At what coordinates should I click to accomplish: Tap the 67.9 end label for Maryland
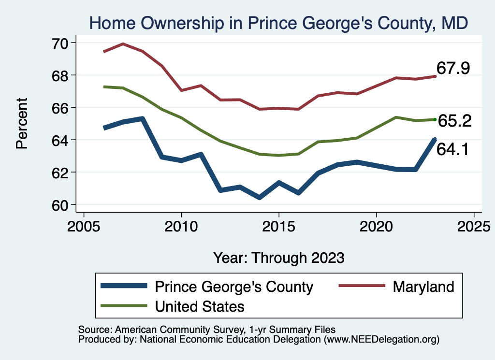coord(453,68)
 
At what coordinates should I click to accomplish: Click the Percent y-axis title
coord(22,123)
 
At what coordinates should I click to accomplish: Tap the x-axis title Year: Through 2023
coord(279,258)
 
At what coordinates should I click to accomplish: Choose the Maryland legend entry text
coord(423,287)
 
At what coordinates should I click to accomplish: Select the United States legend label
coord(200,306)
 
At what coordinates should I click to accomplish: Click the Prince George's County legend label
coord(234,287)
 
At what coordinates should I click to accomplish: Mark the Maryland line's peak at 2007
coord(123,44)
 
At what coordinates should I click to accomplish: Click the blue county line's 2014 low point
coord(260,198)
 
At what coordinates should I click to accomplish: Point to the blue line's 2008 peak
coord(143,118)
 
